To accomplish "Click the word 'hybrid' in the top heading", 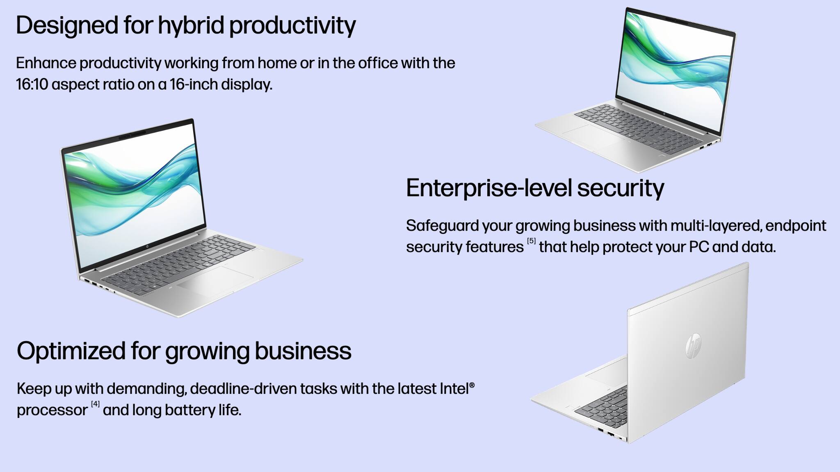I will [191, 25].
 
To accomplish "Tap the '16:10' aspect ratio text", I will [32, 84].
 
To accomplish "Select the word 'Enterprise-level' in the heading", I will [488, 188].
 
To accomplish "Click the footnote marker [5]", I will [531, 241].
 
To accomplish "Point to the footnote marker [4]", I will [95, 404].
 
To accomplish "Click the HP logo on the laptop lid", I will [693, 346].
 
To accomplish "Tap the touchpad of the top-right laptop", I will [593, 136].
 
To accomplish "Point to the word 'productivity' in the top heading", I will [292, 25].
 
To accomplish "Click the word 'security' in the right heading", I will [620, 188].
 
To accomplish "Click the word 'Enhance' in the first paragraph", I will [46, 63].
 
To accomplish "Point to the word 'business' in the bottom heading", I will [303, 351].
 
